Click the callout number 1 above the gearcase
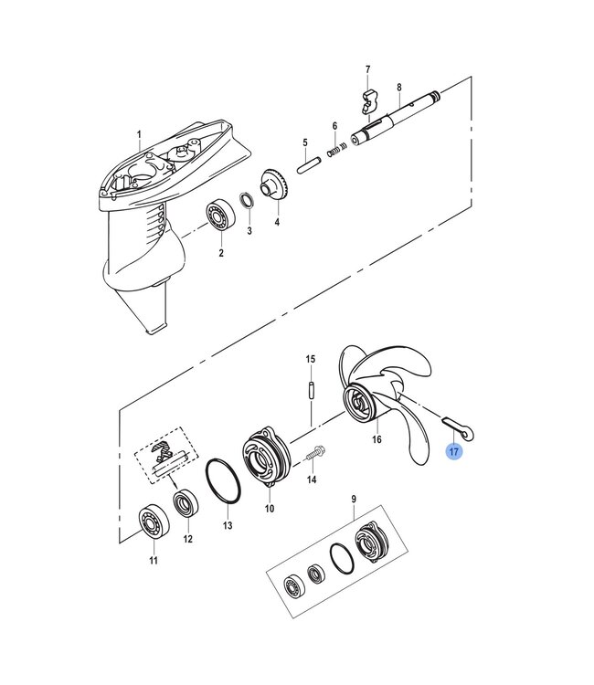[140, 135]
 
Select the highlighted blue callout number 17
[454, 451]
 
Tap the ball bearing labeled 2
[220, 216]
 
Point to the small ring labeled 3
[247, 201]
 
